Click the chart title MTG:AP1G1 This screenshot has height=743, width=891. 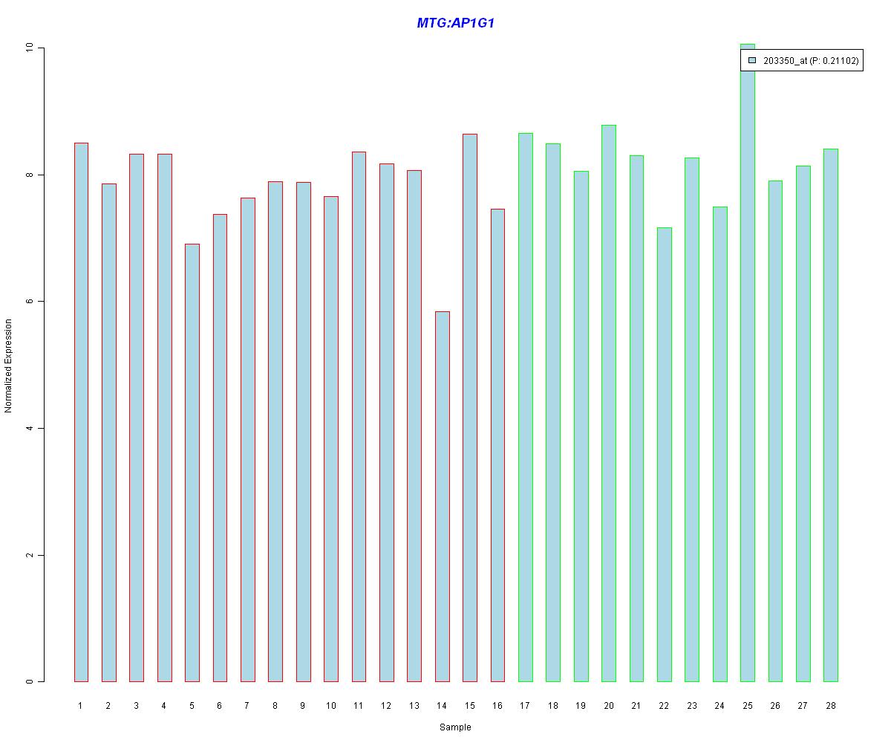[455, 23]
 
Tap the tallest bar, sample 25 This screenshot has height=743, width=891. [748, 364]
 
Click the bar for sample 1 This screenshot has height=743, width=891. [81, 412]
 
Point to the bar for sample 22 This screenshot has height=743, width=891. [664, 454]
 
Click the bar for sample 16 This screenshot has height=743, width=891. [497, 445]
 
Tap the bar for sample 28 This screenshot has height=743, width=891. [830, 415]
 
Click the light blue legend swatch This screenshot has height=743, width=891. [752, 60]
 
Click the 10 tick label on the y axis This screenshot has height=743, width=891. [30, 48]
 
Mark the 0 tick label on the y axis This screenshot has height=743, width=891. [30, 681]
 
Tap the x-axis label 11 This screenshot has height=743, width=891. [358, 705]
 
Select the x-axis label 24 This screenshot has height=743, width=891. [719, 705]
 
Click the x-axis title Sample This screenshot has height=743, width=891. [455, 727]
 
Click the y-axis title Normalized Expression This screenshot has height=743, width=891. [9, 366]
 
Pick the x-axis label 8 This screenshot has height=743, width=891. [275, 705]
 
